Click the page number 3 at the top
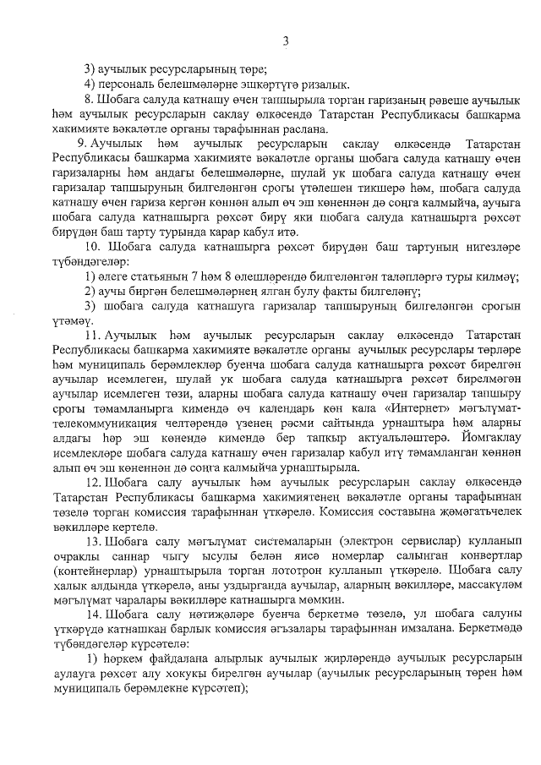point(286,40)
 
